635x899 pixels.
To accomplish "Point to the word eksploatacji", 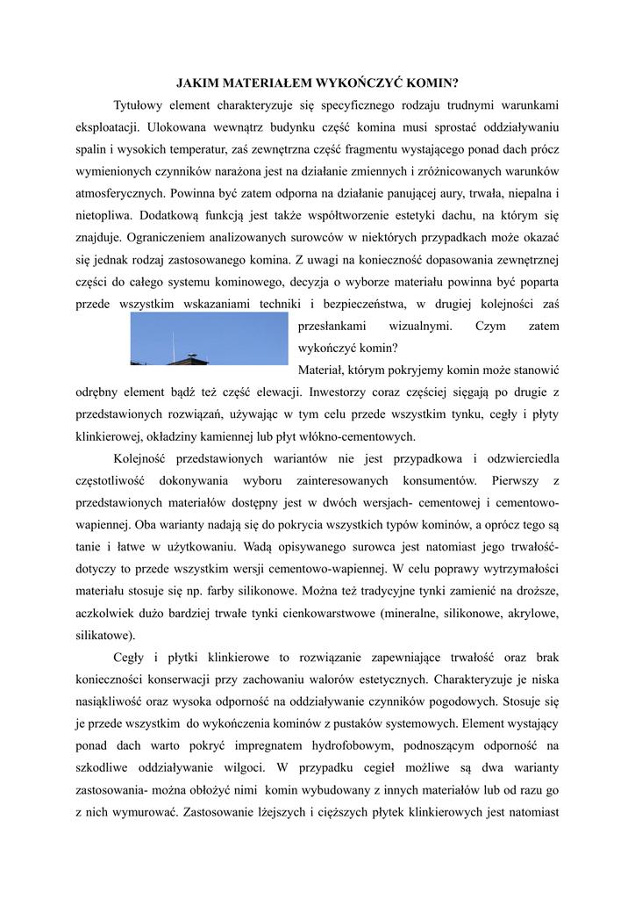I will click(x=106, y=128).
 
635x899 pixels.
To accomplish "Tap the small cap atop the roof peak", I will click(x=194, y=354).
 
